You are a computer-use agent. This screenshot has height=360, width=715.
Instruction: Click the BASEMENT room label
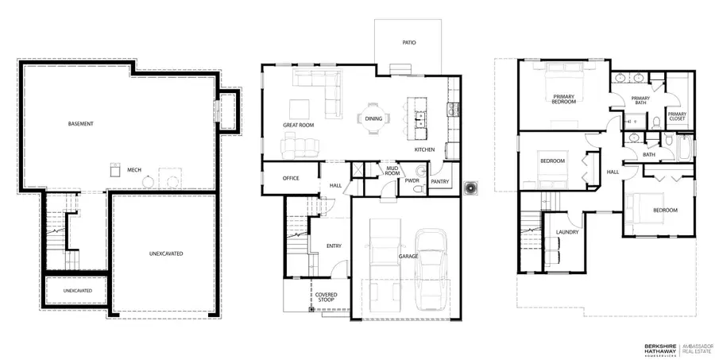80,124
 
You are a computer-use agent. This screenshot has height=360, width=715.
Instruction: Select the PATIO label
408,43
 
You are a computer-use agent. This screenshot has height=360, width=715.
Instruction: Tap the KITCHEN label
424,150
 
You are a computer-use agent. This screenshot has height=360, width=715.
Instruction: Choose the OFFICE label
290,178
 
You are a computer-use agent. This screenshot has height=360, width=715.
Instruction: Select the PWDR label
412,180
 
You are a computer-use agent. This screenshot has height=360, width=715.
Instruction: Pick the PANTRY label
440,180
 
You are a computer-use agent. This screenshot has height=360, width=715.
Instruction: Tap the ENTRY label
334,246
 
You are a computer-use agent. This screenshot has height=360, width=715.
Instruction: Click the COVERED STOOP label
327,297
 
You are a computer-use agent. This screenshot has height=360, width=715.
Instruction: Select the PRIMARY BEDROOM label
564,99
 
